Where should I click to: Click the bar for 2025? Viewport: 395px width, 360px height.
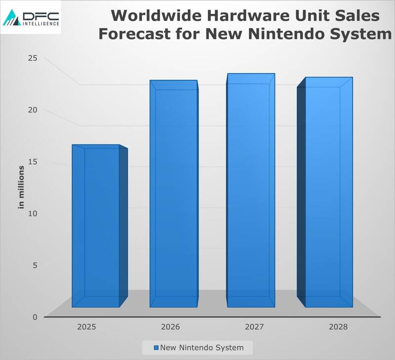pos(96,227)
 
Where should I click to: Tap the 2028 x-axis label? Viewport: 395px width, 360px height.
pos(338,326)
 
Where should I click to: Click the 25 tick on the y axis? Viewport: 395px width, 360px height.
pos(33,58)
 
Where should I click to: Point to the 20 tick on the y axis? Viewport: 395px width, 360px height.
pos(33,109)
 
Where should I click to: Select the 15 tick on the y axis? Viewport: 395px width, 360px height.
pos(33,161)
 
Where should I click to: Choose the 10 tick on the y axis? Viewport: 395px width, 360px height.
pos(33,213)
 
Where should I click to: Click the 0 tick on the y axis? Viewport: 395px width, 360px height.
pos(35,317)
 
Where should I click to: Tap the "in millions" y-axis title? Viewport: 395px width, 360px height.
pos(21,187)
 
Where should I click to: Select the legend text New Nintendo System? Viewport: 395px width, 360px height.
pos(201,348)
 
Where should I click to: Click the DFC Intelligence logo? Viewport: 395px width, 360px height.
pos(31,17)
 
